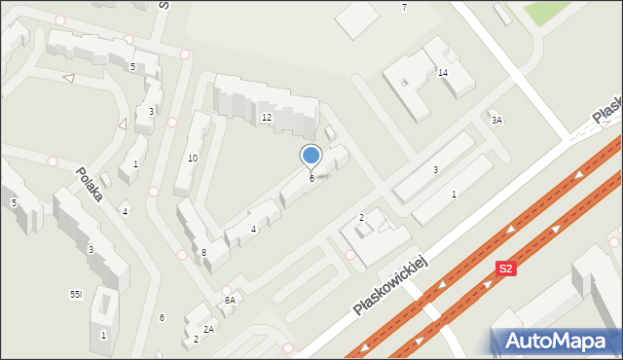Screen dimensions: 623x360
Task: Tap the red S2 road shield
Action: coord(505,269)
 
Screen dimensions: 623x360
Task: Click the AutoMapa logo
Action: coord(556,341)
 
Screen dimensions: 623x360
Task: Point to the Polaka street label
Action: coord(90,182)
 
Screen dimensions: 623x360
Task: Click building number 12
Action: coord(266,118)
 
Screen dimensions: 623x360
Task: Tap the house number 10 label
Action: coord(193,158)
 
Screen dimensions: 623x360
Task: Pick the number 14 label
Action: coord(442,73)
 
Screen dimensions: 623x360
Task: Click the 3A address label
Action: coord(496,121)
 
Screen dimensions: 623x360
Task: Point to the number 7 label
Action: coord(404,8)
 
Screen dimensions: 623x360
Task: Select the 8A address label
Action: coord(231,301)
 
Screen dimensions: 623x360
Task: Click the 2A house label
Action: coord(208,329)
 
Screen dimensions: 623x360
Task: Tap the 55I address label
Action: coord(76,294)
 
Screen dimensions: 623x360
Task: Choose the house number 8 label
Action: coord(203,253)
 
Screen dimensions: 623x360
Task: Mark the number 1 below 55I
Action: coord(103,336)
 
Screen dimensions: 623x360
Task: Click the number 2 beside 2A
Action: coord(196,340)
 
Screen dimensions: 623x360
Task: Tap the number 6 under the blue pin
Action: coord(311,178)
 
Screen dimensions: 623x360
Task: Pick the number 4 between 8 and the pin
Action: coord(253,229)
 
